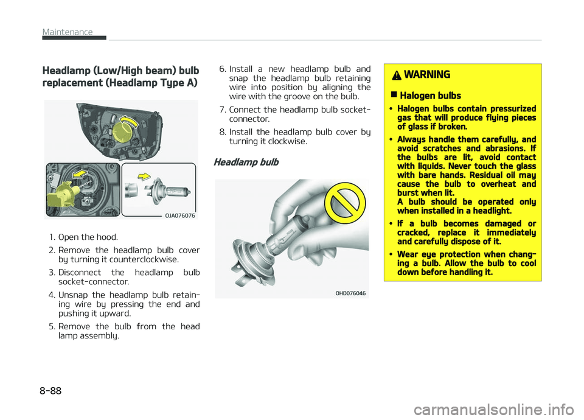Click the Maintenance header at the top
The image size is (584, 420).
pyautogui.click(x=68, y=32)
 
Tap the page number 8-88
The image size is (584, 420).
pyautogui.click(x=50, y=391)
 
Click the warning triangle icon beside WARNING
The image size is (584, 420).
pyautogui.click(x=397, y=75)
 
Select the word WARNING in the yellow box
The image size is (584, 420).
pyautogui.click(x=427, y=75)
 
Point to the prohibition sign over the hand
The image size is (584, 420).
pyautogui.click(x=344, y=203)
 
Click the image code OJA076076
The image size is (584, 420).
pyautogui.click(x=180, y=215)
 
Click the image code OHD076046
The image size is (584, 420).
pyautogui.click(x=350, y=293)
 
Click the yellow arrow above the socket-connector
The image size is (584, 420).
pyautogui.click(x=80, y=174)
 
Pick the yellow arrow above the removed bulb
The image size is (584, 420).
pyautogui.click(x=144, y=177)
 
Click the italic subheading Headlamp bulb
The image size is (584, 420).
pyautogui.click(x=246, y=163)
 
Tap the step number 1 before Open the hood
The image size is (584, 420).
pyautogui.click(x=52, y=237)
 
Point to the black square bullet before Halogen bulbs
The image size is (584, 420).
pyautogui.click(x=394, y=95)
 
